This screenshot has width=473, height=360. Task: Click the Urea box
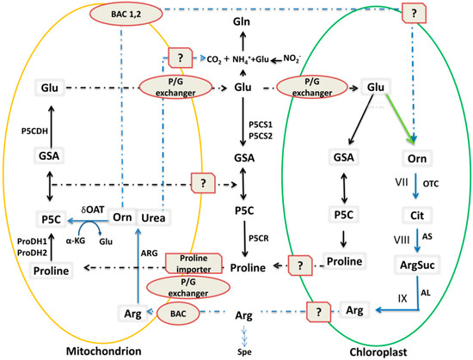pos(152,217)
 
